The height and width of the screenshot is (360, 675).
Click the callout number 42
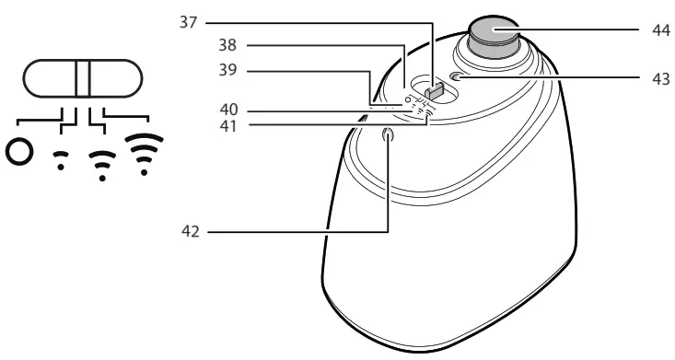click(189, 232)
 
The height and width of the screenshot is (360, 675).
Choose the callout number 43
click(659, 78)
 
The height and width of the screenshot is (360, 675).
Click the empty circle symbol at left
click(17, 150)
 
